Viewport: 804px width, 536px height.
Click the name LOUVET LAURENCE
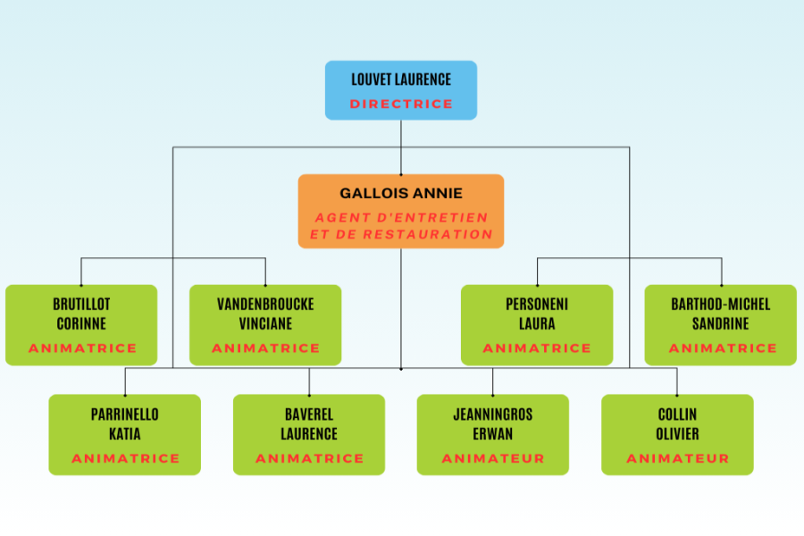pos(401,80)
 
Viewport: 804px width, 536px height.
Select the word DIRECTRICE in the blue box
pos(401,104)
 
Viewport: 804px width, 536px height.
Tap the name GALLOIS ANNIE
pos(401,193)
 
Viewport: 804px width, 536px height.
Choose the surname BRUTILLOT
pos(81,305)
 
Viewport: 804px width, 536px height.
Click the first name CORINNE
pos(81,323)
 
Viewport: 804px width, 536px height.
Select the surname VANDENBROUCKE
pos(265,305)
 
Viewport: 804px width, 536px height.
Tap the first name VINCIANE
pos(265,323)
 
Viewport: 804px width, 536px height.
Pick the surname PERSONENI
pos(537,305)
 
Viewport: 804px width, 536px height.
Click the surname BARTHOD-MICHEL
pos(721,305)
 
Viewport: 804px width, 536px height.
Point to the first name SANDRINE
pos(721,323)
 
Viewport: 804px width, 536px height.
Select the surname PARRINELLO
pos(125,415)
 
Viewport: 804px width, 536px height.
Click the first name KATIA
pos(125,434)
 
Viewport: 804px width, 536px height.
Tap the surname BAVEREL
pos(309,415)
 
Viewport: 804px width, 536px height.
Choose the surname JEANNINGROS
pos(493,415)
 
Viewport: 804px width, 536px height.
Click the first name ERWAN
pos(493,434)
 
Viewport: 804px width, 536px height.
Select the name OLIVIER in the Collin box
pos(677,434)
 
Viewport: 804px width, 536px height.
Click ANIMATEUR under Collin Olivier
pos(677,458)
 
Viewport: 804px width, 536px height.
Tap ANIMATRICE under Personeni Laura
pos(537,348)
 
